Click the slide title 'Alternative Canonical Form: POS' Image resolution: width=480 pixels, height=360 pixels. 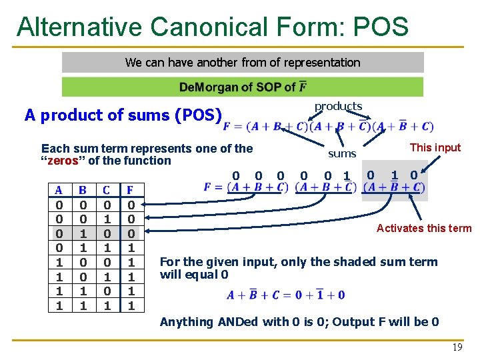(212, 27)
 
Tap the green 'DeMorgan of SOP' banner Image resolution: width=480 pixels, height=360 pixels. (243, 87)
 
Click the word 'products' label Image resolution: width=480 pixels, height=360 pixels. (338, 106)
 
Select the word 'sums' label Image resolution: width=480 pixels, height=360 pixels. (342, 154)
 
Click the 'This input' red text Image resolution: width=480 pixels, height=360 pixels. (435, 147)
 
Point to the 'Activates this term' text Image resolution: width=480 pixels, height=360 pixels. (423, 228)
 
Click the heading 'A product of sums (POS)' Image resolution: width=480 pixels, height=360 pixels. (123, 115)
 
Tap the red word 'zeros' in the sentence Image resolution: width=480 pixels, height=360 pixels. (64, 161)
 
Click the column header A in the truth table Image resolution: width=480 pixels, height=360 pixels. (59, 190)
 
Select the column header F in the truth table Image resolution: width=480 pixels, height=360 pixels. (131, 190)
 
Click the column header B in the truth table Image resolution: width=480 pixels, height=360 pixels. (83, 190)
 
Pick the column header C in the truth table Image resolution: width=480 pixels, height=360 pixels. (107, 190)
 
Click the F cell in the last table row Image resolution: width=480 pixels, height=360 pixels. (131, 306)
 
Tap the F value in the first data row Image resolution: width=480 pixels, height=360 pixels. (131, 205)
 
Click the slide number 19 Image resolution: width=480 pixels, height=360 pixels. (457, 347)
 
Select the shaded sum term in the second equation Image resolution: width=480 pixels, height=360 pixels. (393, 187)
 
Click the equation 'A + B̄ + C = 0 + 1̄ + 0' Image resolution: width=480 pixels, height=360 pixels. (285, 295)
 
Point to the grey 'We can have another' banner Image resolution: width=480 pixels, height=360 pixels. (243, 63)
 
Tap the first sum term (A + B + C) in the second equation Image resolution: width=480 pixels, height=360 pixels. (257, 187)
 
